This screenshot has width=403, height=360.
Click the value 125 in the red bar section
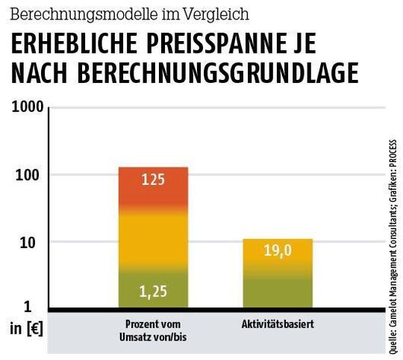[153, 180]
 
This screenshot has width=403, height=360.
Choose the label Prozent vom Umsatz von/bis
[153, 329]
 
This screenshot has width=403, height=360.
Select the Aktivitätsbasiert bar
[277, 273]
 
